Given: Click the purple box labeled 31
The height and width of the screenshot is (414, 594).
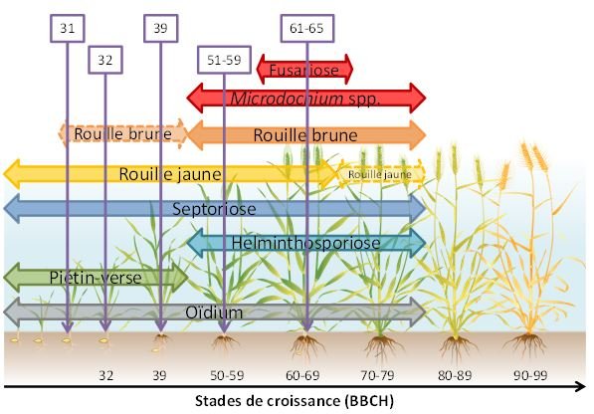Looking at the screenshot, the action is pos(68,29).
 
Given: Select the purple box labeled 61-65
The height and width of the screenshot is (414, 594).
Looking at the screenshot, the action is pos(307,29).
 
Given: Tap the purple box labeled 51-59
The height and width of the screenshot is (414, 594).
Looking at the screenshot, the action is pos(224,60).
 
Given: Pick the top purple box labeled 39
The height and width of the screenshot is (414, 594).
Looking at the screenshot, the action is pos(160,29).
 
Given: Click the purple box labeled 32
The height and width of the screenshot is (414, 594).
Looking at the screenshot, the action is pos(105,60).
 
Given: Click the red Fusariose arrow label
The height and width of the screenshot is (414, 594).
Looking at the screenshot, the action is pos(304,70).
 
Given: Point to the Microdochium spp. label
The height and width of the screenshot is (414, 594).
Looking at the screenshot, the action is pos(304,99).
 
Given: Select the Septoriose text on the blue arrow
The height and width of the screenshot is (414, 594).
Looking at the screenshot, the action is pos(214,209).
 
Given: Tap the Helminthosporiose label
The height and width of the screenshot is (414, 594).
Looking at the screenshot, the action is pos(305,243).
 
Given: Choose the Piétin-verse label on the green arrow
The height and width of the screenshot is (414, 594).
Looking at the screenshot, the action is pos(96,278).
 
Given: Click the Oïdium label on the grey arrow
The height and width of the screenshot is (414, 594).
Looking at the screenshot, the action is pos(214,312).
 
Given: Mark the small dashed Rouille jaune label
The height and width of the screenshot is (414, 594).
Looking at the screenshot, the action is pos(380,174).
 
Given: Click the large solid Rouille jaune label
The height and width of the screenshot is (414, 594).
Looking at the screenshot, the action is pos(170,174).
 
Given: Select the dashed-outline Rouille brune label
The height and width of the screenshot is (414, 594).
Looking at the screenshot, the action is pos(122,133).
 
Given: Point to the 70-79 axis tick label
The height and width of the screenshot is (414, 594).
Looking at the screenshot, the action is pos(377,375).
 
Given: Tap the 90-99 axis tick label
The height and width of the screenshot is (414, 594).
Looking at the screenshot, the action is pos(530,375).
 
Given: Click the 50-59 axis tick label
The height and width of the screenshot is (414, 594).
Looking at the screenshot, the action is pos(227,375).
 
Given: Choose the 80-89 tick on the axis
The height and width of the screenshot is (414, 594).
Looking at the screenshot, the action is pos(455,375).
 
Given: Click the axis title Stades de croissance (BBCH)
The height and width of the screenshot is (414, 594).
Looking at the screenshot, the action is pos(295,401).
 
